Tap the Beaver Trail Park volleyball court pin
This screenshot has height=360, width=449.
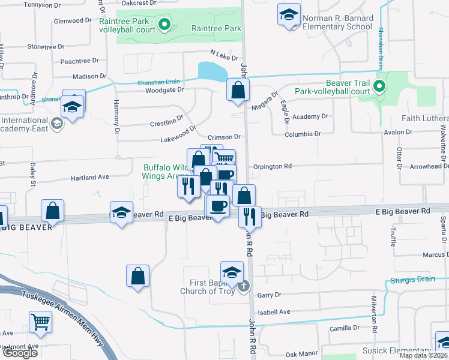[378, 86]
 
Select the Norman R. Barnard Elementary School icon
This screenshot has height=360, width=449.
[289, 14]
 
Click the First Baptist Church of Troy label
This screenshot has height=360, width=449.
[206, 287]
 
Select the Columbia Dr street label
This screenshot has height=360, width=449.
[303, 134]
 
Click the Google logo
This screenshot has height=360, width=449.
[20, 353]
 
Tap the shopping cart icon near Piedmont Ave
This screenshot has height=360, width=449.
[40, 321]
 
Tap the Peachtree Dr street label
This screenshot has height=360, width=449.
[79, 61]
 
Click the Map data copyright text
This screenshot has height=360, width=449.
[423, 355]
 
